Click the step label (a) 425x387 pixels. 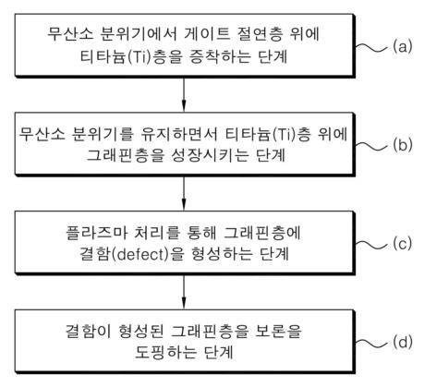(x=402, y=46)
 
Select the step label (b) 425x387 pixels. (x=402, y=145)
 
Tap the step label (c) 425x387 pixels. (x=402, y=244)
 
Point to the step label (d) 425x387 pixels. (x=402, y=342)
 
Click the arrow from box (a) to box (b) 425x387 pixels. (x=184, y=94)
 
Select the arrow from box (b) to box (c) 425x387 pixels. (x=184, y=193)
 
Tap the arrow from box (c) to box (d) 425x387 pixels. (x=184, y=292)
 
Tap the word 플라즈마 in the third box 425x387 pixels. (x=96, y=233)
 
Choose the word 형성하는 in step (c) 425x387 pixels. (x=222, y=254)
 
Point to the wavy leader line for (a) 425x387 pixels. (x=371, y=47)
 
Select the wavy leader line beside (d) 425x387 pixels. (x=371, y=343)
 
